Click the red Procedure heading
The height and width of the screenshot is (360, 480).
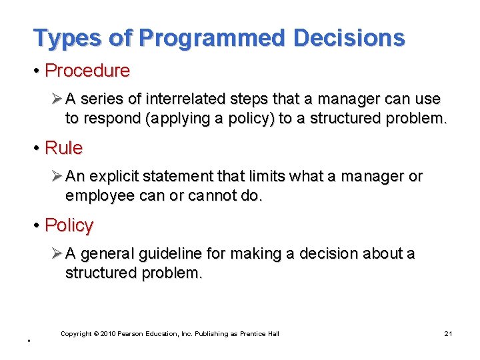tap(87, 70)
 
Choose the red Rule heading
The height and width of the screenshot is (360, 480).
tap(63, 147)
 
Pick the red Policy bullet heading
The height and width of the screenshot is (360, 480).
tap(69, 225)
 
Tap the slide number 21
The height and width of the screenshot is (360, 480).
tap(448, 333)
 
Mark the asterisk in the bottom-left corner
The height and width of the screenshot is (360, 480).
tap(29, 342)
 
